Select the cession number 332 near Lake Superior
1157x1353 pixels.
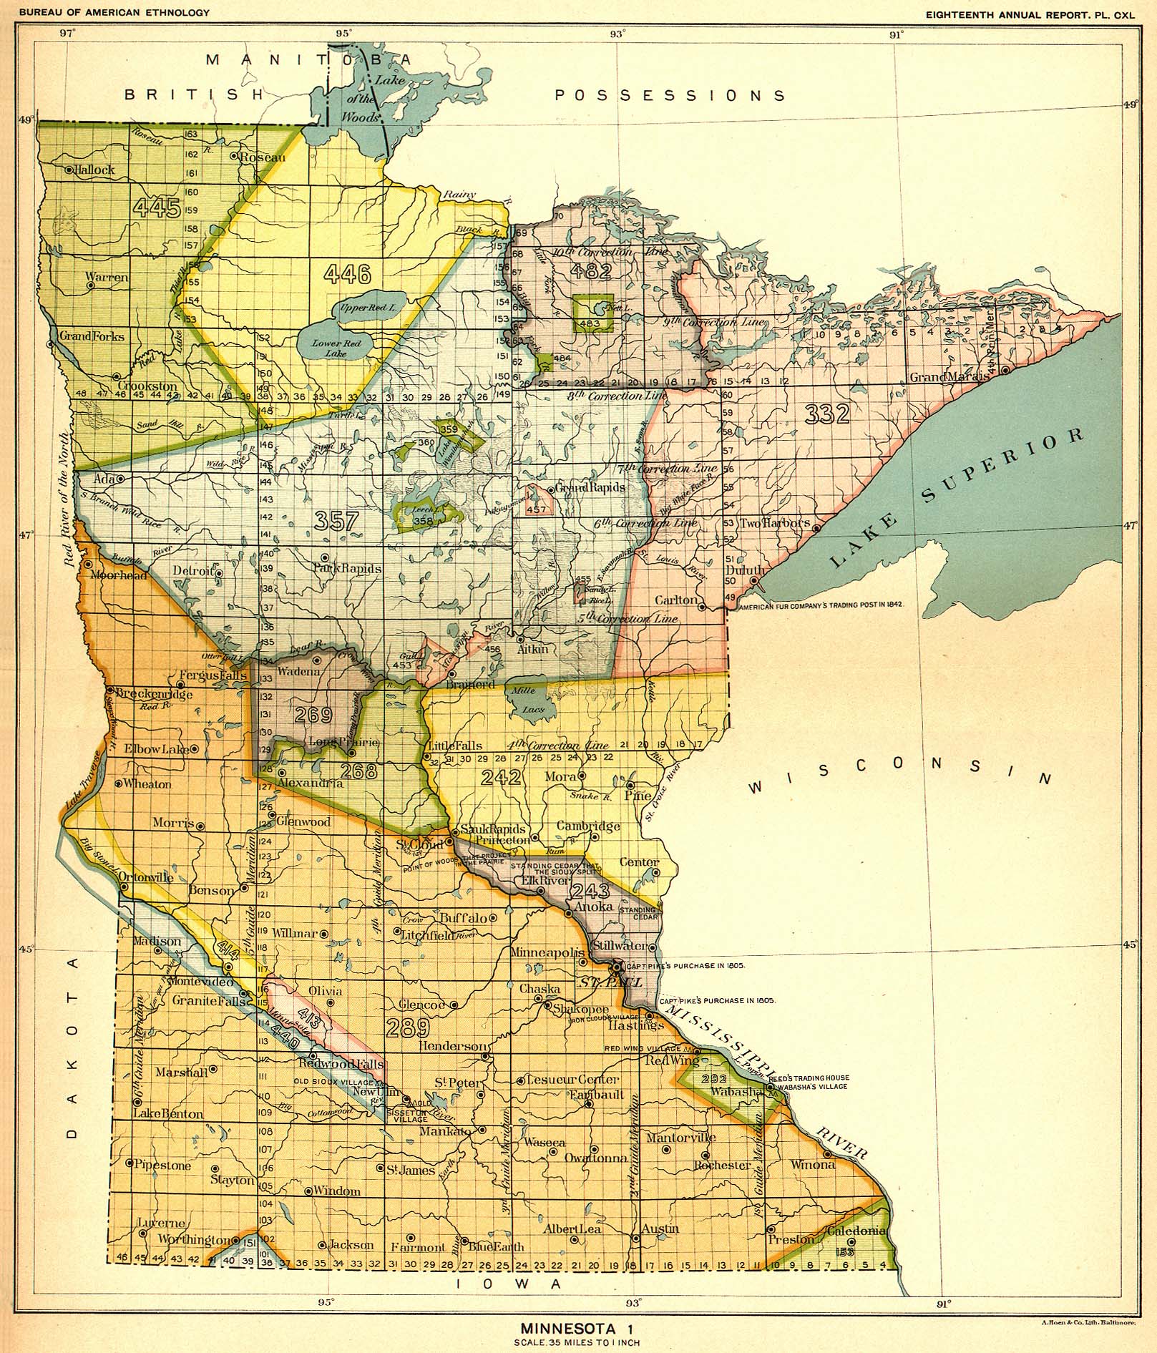point(826,414)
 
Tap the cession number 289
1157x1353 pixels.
point(408,1028)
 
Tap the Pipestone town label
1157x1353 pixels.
point(163,1165)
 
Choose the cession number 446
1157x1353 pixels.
point(347,272)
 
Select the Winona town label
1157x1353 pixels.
point(812,1164)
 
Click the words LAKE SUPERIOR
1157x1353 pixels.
point(958,500)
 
